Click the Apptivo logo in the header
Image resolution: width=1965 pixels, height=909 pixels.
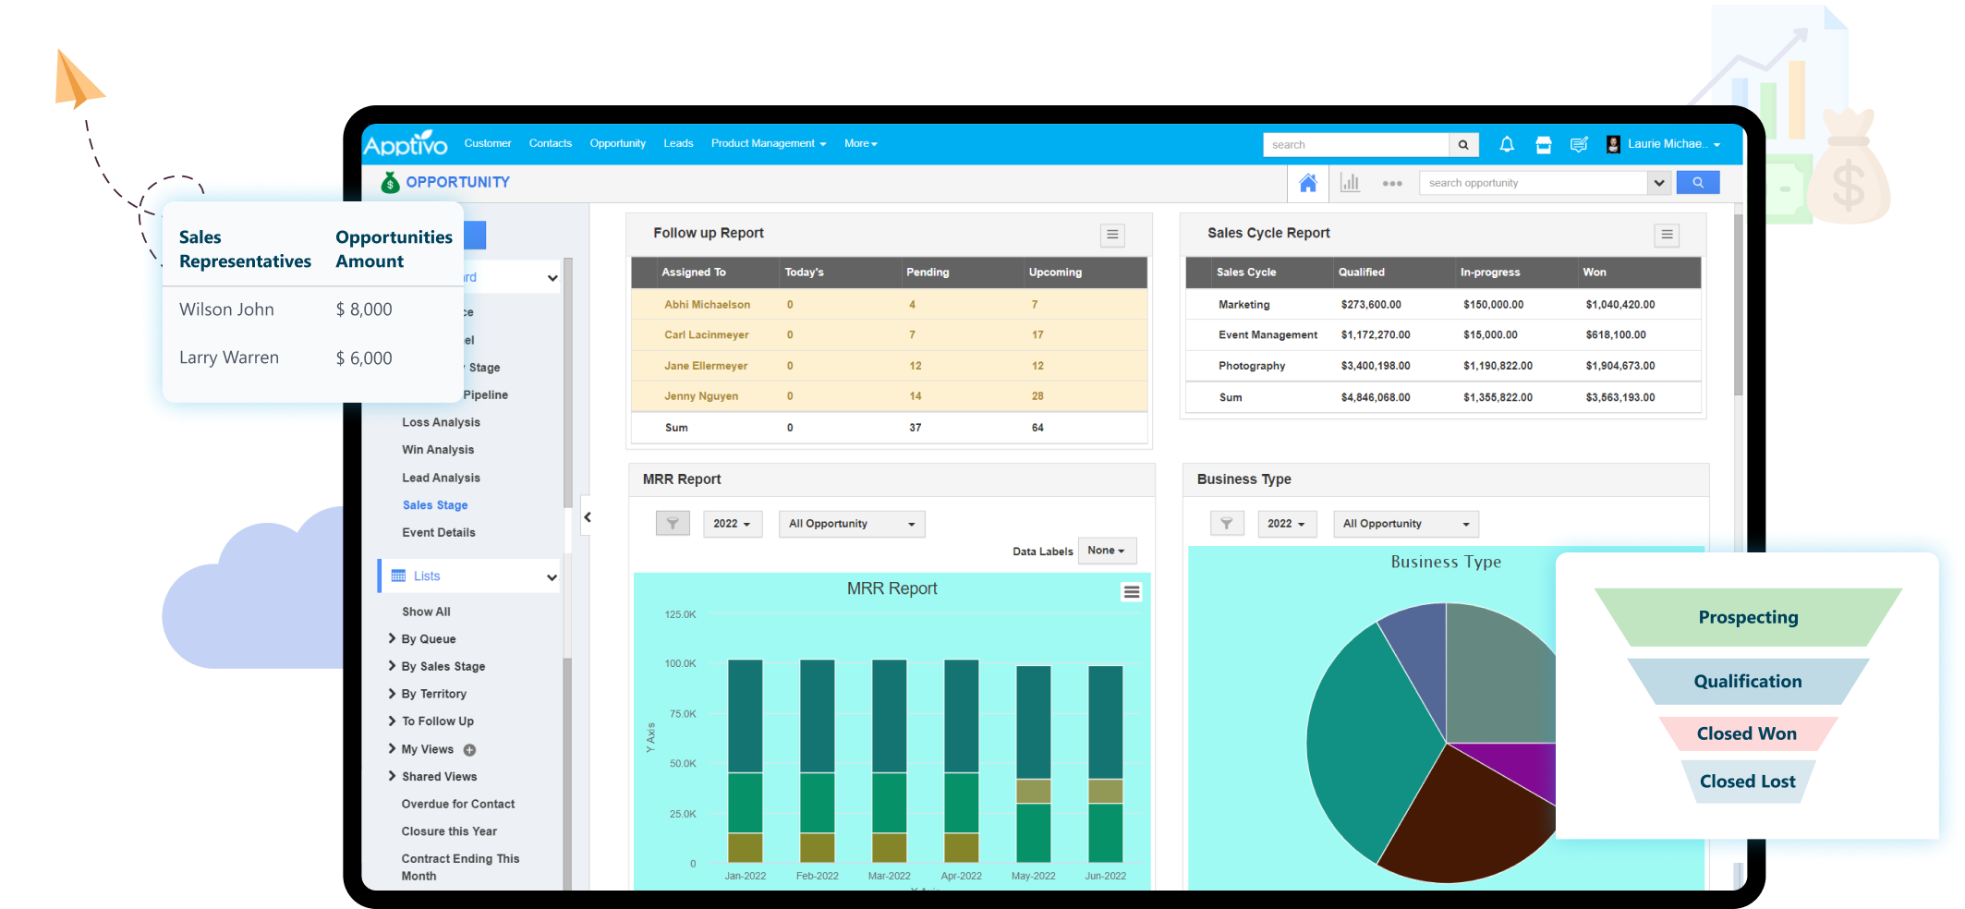click(405, 144)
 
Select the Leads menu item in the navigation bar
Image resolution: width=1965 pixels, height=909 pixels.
click(678, 144)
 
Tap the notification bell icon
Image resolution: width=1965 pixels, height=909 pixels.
click(1507, 144)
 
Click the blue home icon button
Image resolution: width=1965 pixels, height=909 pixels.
click(1307, 183)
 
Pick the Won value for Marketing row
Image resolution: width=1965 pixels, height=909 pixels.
click(1619, 305)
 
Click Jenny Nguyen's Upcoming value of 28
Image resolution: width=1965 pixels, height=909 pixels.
click(1037, 396)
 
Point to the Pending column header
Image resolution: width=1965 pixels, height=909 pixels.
click(928, 273)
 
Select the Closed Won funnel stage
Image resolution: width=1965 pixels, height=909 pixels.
click(1746, 733)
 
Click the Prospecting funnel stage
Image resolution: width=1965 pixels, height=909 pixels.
click(1748, 617)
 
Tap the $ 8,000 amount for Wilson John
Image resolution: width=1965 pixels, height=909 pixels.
click(364, 309)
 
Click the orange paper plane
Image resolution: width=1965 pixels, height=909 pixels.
click(78, 79)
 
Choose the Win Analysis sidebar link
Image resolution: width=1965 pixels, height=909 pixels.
click(438, 450)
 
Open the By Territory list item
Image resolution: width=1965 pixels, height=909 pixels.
click(433, 694)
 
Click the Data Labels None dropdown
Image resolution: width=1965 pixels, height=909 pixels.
click(1106, 551)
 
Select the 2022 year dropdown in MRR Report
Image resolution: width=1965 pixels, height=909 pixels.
click(732, 524)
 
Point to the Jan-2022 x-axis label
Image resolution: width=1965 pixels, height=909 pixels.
click(745, 876)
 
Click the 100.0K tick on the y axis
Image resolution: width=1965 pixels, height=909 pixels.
click(680, 663)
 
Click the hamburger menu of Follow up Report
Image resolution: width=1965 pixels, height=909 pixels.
click(1112, 235)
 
